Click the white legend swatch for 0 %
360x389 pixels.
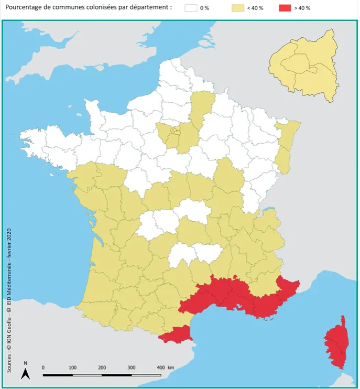click(x=192, y=8)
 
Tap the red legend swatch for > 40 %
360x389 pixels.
click(x=286, y=8)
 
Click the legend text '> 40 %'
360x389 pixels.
click(x=302, y=8)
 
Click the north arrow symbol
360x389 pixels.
click(x=25, y=373)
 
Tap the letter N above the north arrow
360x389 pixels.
click(x=25, y=363)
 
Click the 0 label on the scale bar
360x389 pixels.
click(x=43, y=368)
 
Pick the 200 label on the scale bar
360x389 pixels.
click(x=102, y=368)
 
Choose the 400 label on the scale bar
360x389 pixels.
click(x=161, y=368)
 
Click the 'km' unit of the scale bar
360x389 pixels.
click(x=171, y=368)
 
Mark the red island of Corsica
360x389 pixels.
click(x=336, y=343)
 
